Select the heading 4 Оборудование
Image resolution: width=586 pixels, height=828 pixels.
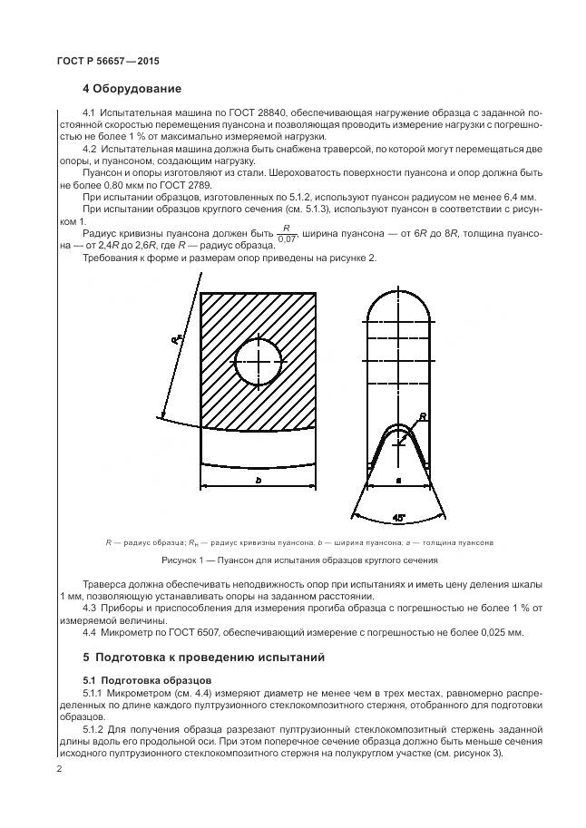click(132, 89)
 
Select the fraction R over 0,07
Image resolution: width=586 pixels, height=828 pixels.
click(286, 233)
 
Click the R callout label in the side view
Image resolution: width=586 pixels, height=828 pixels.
click(423, 417)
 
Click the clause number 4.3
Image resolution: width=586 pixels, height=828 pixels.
click(90, 608)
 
